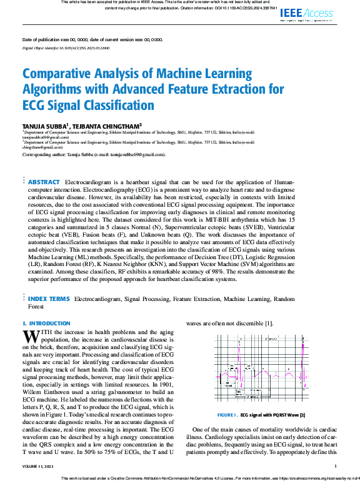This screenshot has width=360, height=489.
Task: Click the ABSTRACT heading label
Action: pos(44,182)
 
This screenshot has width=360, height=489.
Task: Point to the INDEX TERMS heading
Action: pos(49,299)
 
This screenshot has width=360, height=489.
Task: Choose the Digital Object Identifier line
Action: pos(66,47)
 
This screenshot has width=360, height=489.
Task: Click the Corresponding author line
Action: pos(94,154)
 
